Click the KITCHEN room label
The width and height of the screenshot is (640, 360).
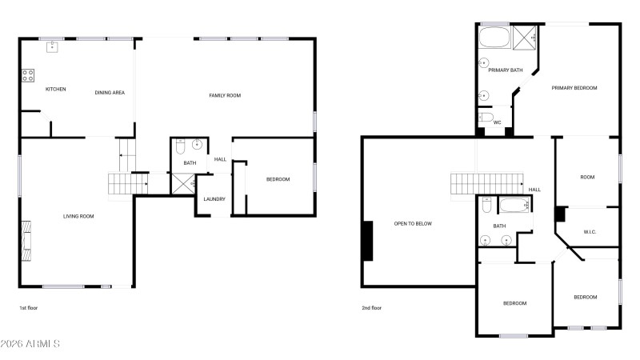point(55,89)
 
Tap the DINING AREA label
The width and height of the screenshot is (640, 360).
point(110,93)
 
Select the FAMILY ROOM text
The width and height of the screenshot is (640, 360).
point(225,95)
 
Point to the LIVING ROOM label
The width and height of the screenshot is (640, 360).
point(78,216)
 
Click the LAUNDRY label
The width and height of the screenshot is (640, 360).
point(214,199)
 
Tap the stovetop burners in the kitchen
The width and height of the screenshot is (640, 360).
point(28,75)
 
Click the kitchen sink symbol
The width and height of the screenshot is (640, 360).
point(52,47)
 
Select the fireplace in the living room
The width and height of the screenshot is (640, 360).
point(26,241)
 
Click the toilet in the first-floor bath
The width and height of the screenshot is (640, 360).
point(181,147)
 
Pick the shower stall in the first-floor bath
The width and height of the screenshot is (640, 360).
point(183,184)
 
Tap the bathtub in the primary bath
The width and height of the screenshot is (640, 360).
point(494,38)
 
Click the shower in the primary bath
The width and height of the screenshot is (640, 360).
point(525,38)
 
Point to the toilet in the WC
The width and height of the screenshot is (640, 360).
point(486,117)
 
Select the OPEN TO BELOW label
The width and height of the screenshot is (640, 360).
point(413,224)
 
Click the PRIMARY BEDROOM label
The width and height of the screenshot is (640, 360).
point(574,88)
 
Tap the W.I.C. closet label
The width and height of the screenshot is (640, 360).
point(590,232)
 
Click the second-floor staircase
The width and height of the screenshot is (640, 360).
point(487,184)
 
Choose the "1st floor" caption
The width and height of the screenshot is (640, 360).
point(29,308)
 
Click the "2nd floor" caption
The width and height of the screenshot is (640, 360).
point(371,308)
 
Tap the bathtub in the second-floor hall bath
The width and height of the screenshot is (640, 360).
point(514,205)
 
